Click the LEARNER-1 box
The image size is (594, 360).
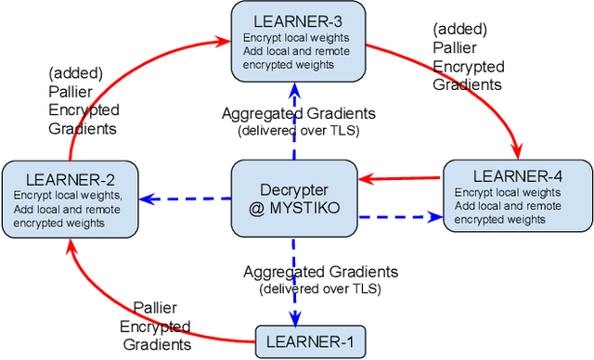[309, 342]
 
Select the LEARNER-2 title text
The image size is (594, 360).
[70, 178]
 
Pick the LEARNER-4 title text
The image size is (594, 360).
[516, 175]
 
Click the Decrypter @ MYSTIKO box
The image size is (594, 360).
[293, 196]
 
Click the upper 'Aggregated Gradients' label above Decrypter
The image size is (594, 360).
[298, 113]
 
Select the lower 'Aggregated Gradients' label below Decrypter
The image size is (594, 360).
[320, 272]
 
